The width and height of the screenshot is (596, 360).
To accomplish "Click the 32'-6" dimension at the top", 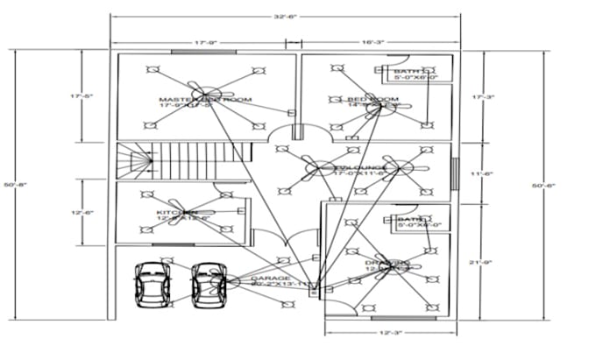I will [x=284, y=16].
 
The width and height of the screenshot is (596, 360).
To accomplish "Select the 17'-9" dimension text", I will [x=206, y=40].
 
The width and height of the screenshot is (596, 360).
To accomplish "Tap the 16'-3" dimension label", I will [x=372, y=40].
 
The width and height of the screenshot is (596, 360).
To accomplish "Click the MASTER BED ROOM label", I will [x=205, y=100].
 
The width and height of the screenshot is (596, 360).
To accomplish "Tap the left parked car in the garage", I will [x=152, y=284].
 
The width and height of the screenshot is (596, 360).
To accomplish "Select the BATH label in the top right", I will [x=408, y=72].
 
